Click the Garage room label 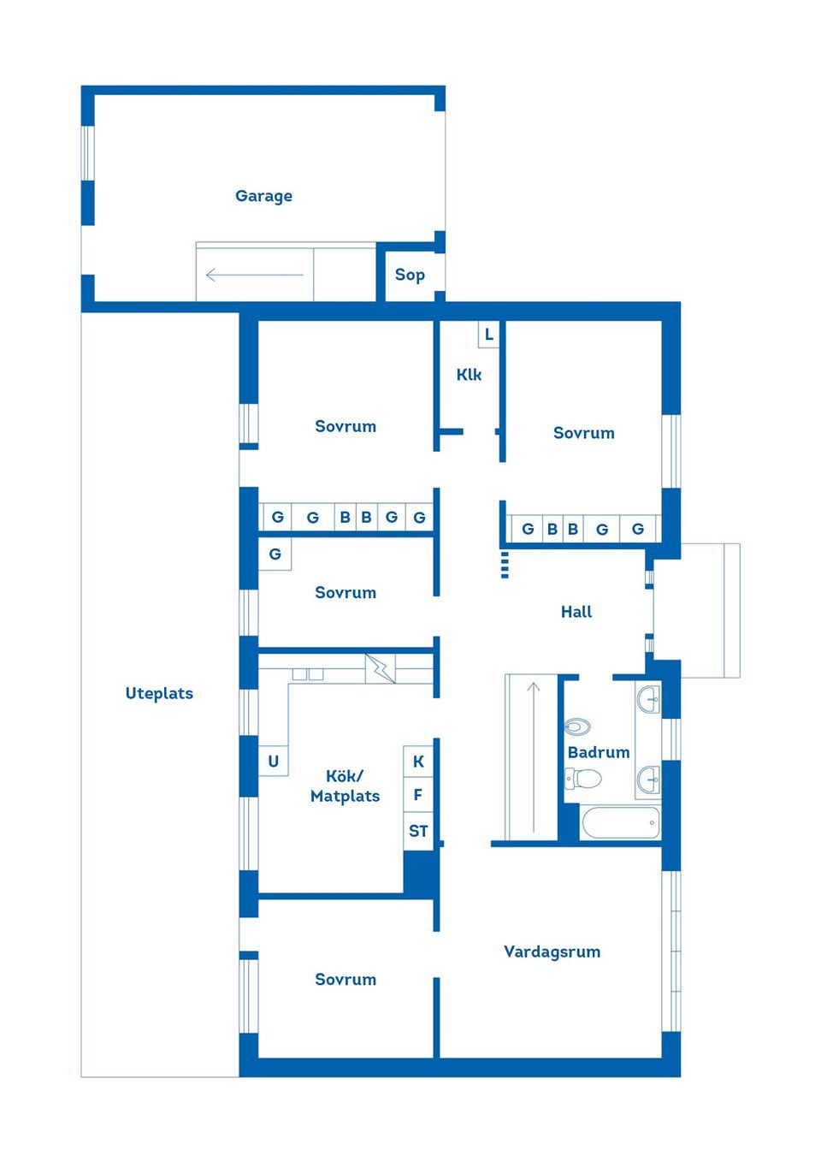tap(263, 196)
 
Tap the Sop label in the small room tap(410, 275)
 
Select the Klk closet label tap(469, 375)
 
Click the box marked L tap(488, 335)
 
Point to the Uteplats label tap(159, 693)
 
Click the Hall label tap(576, 612)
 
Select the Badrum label tap(599, 752)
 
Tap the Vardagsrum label tap(552, 952)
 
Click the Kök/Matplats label tap(345, 786)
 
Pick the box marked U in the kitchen tap(274, 761)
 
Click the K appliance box tap(418, 761)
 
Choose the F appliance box tap(418, 795)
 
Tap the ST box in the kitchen tap(418, 831)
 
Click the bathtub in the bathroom tap(620, 823)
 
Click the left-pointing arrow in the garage tap(254, 276)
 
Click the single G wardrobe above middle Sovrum tap(275, 554)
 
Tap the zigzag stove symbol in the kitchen tap(381, 668)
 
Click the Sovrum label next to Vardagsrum tap(346, 980)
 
